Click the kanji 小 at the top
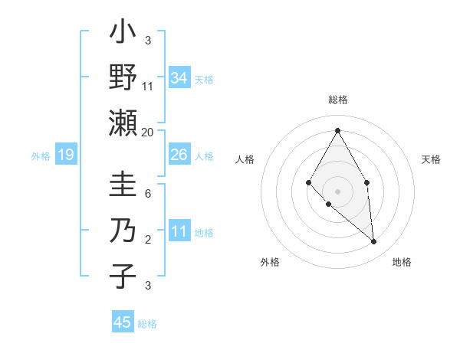tap(123, 34)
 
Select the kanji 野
tap(123, 77)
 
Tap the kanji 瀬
tap(123, 123)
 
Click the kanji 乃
tap(123, 231)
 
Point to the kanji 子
tap(123, 276)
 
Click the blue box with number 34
tap(179, 78)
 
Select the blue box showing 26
tap(179, 155)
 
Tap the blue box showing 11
tap(179, 231)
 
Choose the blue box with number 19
tap(65, 155)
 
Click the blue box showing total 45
tap(123, 322)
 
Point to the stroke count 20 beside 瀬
tap(148, 133)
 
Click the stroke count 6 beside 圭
tap(148, 195)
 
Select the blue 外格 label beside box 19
tap(41, 156)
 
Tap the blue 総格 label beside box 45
tap(147, 324)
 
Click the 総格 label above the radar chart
tap(337, 100)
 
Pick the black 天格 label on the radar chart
tap(432, 159)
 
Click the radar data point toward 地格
tap(374, 242)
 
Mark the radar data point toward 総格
tap(337, 130)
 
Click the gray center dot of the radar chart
tap(337, 191)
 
